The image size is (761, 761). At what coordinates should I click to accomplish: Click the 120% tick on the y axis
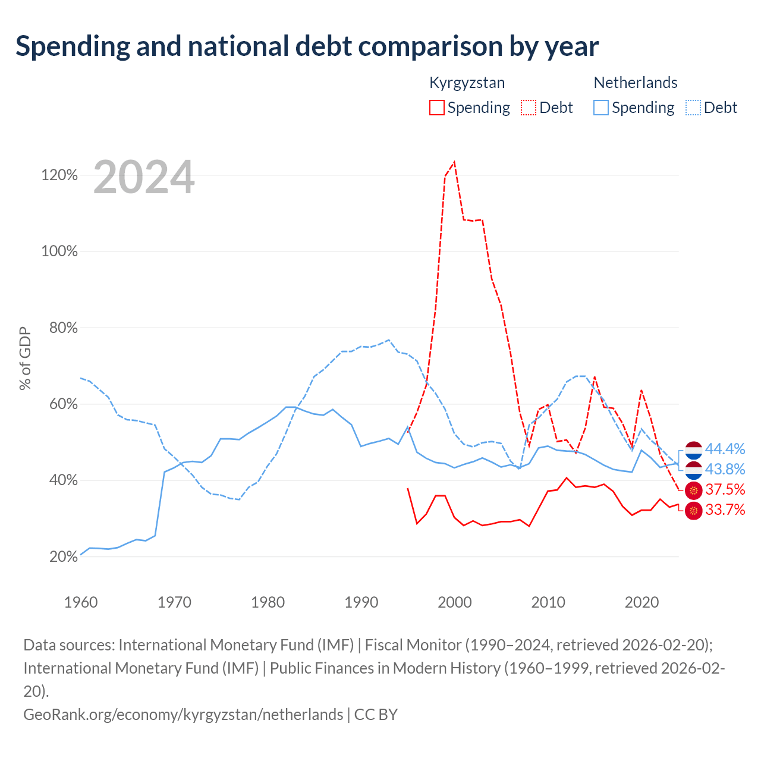(x=59, y=175)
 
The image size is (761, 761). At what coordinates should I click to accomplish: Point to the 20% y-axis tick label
(x=63, y=556)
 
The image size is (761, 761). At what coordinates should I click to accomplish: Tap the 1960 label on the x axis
(x=81, y=602)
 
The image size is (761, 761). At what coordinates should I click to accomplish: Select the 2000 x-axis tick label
(x=455, y=602)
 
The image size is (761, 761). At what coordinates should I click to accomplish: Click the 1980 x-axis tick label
(x=268, y=602)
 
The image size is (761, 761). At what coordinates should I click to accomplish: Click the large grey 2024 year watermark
(x=144, y=177)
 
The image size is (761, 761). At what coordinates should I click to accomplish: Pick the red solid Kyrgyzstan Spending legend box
(x=437, y=108)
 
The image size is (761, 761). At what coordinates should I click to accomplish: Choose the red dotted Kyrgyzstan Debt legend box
(x=529, y=108)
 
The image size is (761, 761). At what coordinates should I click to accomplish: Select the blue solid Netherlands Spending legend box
(x=601, y=108)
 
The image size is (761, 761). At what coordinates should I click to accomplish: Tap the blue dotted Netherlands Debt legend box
(x=693, y=108)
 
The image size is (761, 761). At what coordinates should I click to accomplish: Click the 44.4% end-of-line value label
(x=725, y=449)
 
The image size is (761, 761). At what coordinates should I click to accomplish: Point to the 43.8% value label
(x=725, y=469)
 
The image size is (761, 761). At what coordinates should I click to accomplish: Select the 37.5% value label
(x=725, y=490)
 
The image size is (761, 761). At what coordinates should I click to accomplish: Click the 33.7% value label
(x=725, y=510)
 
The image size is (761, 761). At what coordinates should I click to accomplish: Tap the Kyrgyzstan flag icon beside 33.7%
(x=693, y=511)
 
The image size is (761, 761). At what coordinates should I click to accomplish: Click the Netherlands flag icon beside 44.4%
(x=693, y=450)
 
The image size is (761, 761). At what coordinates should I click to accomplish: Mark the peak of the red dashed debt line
(x=455, y=162)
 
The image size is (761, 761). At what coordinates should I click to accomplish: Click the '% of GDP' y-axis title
(x=25, y=358)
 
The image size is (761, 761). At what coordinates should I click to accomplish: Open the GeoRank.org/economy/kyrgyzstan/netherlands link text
(x=183, y=715)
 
